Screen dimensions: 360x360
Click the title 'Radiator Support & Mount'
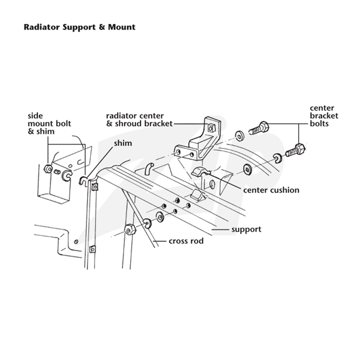coord(80,27)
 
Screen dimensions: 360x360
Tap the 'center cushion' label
coord(271,190)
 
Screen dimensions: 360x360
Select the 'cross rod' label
coord(186,241)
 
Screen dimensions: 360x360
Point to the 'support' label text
coord(246,229)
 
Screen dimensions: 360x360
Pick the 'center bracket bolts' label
coord(324,116)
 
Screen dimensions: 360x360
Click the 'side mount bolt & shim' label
coord(49,123)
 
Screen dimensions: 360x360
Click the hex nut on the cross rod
coord(130,230)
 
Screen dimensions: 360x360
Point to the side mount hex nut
coord(48,169)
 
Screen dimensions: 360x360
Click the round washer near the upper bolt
coord(240,136)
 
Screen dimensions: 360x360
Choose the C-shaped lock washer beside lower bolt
coord(278,159)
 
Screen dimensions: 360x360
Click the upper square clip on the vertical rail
coord(95,187)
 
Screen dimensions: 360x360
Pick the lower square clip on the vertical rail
coord(92,249)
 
